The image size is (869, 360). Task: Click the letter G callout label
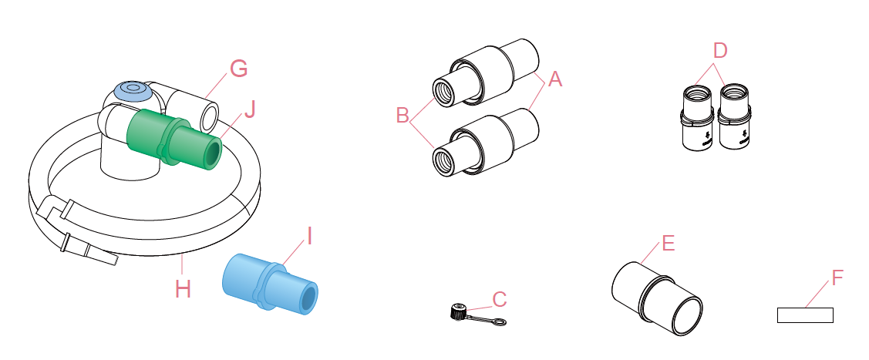pyautogui.click(x=238, y=69)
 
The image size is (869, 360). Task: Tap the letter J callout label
pyautogui.click(x=249, y=109)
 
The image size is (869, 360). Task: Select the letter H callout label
pyautogui.click(x=183, y=288)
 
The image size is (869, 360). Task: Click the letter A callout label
pyautogui.click(x=555, y=79)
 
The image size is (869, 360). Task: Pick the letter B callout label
pyautogui.click(x=403, y=116)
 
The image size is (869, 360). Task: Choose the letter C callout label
pyautogui.click(x=500, y=298)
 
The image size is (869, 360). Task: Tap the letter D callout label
pyautogui.click(x=719, y=51)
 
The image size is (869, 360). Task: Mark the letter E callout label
pyautogui.click(x=668, y=244)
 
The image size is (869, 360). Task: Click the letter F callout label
pyautogui.click(x=837, y=274)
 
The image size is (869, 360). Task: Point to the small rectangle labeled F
pyautogui.click(x=804, y=315)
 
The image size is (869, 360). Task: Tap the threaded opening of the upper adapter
pyautogui.click(x=443, y=91)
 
